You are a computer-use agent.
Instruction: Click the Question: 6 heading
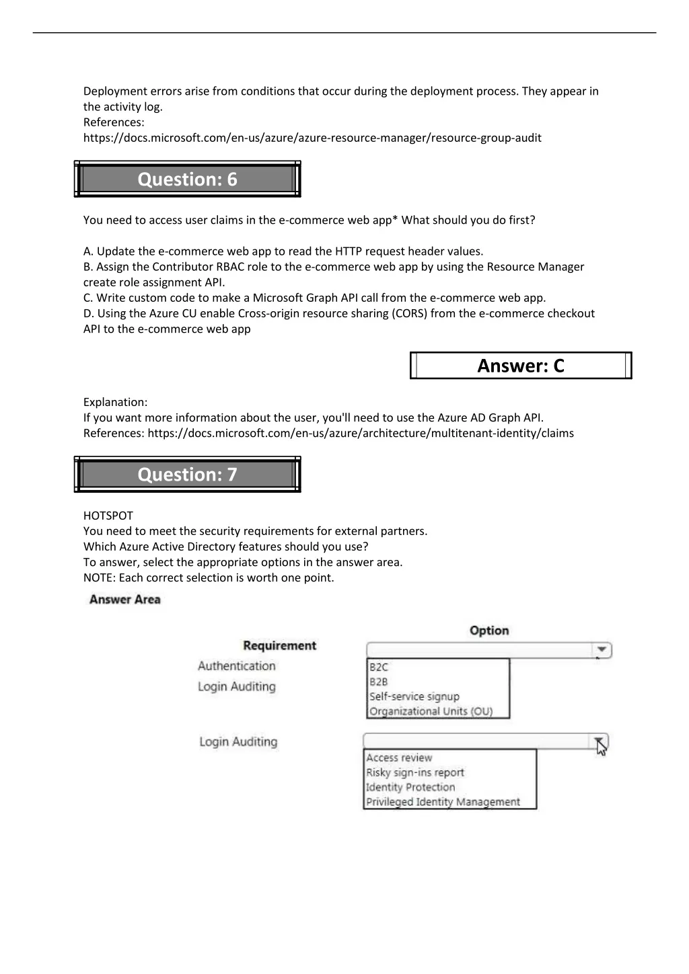point(187,179)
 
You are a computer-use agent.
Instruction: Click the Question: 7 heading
point(187,475)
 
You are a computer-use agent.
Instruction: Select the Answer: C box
point(521,366)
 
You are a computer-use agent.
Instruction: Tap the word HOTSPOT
point(108,516)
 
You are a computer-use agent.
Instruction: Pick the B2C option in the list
point(379,667)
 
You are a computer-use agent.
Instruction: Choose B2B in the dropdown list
point(379,682)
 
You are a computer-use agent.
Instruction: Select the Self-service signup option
point(414,696)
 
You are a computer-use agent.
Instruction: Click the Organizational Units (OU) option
point(431,711)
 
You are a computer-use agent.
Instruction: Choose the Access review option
point(399,758)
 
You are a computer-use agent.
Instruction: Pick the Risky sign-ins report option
point(414,772)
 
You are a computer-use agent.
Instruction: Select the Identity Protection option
point(410,787)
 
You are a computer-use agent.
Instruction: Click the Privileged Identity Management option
point(443,802)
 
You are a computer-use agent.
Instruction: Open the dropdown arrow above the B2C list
point(602,650)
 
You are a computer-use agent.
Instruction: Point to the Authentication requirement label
point(237,666)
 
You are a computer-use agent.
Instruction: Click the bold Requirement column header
point(279,645)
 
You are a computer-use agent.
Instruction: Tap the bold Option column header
point(489,631)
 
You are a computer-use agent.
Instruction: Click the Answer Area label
point(125,600)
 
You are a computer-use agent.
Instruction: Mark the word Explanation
point(115,402)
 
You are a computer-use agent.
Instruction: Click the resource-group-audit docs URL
point(312,138)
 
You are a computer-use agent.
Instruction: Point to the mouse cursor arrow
point(601,745)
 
